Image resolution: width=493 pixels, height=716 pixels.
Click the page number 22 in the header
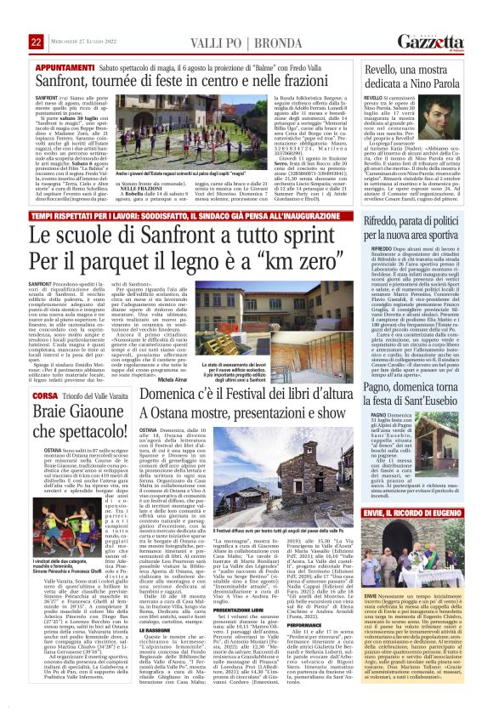tap(37, 18)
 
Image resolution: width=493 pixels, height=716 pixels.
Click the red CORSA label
tap(48, 372)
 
